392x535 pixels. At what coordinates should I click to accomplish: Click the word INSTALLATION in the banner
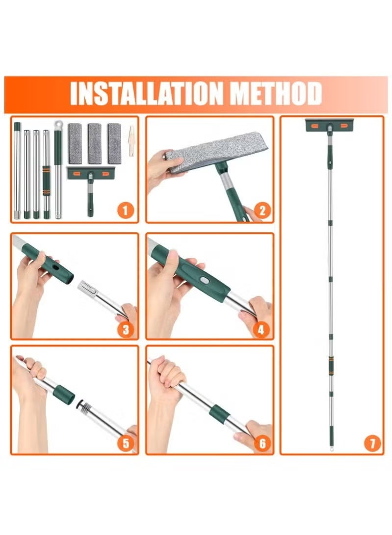click(148, 94)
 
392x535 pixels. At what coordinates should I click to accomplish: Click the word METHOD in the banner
click(277, 94)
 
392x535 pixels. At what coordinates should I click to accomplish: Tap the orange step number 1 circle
click(125, 211)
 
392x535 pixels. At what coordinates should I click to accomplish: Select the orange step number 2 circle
click(262, 211)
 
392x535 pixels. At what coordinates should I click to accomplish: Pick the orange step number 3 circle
click(125, 329)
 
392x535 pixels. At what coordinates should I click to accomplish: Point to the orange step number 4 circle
click(262, 329)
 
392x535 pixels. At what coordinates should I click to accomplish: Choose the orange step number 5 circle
click(125, 444)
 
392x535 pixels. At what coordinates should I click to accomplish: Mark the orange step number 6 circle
click(262, 444)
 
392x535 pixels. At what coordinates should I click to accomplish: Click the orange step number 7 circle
click(372, 444)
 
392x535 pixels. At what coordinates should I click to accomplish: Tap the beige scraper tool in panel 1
click(131, 141)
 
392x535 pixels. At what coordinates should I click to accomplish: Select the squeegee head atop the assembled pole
click(329, 125)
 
